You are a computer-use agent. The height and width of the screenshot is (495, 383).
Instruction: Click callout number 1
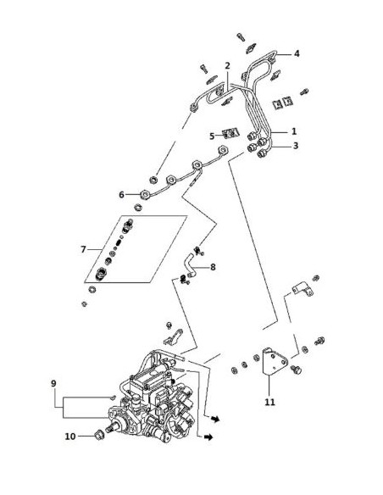tap(294, 131)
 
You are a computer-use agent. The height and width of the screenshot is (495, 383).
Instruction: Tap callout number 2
tap(227, 66)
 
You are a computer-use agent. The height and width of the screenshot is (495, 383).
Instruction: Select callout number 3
tap(295, 146)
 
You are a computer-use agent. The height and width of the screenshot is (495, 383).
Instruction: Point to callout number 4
tap(297, 53)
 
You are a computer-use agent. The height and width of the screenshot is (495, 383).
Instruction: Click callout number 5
tap(212, 136)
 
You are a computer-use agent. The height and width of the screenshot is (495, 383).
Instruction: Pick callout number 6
tap(121, 195)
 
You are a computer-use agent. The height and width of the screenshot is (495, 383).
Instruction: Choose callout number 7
tap(83, 249)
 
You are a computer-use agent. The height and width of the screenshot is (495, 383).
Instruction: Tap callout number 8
tap(213, 267)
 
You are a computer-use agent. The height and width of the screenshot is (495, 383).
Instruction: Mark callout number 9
tap(53, 384)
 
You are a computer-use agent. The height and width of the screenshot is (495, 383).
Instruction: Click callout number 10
tap(70, 437)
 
